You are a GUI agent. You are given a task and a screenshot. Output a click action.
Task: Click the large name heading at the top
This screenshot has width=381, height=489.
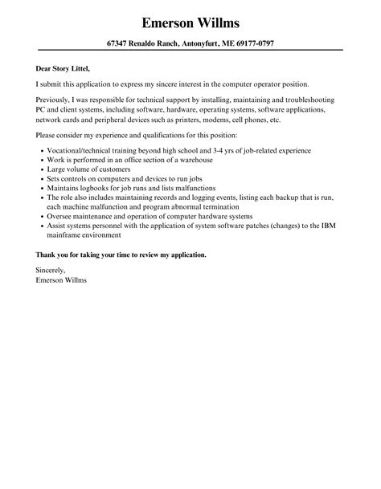[190, 22]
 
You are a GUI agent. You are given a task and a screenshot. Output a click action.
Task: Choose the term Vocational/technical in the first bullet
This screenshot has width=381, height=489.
[80, 150]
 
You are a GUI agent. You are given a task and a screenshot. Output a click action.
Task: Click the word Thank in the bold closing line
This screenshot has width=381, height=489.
[47, 255]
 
